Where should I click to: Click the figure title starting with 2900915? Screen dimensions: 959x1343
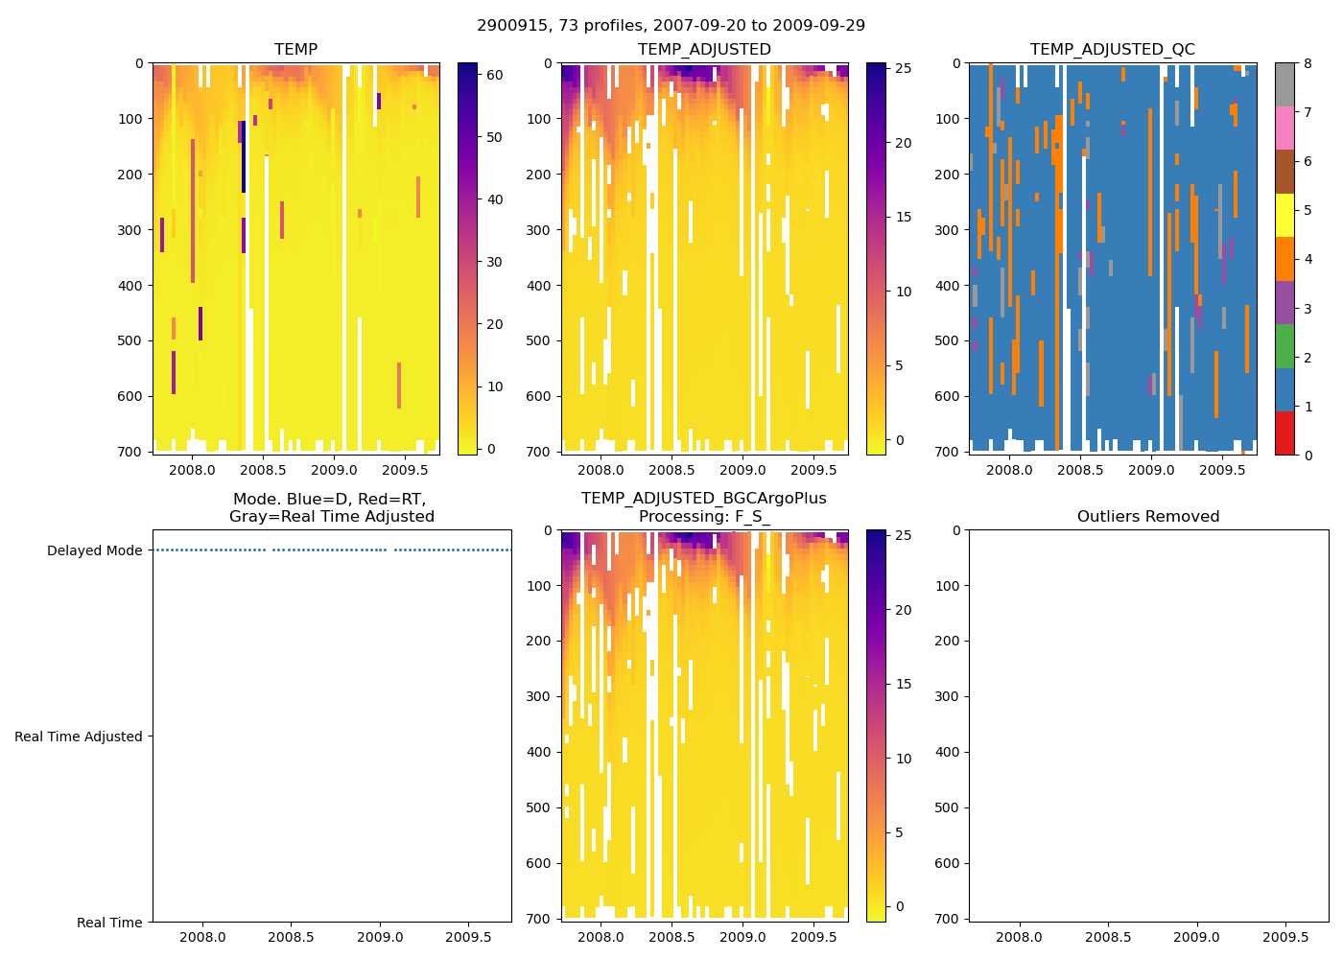[671, 26]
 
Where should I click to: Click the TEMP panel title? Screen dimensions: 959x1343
[295, 50]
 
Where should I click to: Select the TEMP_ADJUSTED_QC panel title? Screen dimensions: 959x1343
[1112, 50]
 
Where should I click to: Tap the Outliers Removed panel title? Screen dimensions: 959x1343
[1147, 517]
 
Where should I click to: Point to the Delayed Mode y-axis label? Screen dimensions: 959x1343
[94, 551]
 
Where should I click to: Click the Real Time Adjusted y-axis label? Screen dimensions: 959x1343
[78, 737]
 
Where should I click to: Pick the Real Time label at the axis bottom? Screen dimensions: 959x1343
[109, 924]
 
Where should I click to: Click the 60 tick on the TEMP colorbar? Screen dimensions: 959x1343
[495, 75]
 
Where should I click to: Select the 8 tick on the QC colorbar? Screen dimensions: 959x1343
[1308, 64]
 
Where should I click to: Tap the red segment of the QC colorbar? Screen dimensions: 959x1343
[1284, 433]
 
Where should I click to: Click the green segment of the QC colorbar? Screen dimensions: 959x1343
[1284, 346]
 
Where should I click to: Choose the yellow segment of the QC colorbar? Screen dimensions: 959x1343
[1284, 216]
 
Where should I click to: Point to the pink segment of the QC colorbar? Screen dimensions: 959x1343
[1284, 129]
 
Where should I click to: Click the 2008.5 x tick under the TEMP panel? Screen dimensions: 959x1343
[263, 471]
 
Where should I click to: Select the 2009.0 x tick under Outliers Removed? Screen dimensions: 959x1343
[1196, 937]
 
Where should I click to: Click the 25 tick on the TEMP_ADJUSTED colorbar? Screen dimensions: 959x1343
[903, 69]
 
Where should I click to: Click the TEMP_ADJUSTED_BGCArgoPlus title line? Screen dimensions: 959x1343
[703, 499]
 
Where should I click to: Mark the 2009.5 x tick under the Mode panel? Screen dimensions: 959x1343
[469, 937]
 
